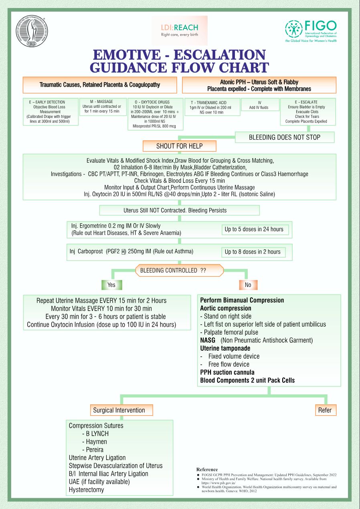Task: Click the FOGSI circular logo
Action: click(x=31, y=32)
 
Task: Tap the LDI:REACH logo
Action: click(x=179, y=30)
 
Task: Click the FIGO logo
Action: click(x=311, y=31)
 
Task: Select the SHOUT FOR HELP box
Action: click(x=179, y=146)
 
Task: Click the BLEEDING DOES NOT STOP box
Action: click(x=284, y=137)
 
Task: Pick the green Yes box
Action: click(x=111, y=285)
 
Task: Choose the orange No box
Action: click(x=248, y=285)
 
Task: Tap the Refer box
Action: click(x=325, y=410)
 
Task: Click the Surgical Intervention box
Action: click(x=119, y=410)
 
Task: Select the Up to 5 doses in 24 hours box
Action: click(x=254, y=229)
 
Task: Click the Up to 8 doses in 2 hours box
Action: click(x=253, y=252)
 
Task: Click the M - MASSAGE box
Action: click(x=103, y=106)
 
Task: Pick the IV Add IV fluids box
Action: click(x=259, y=105)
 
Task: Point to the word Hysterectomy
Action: click(x=86, y=489)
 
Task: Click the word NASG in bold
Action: click(x=208, y=340)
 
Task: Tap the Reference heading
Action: click(x=207, y=469)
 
